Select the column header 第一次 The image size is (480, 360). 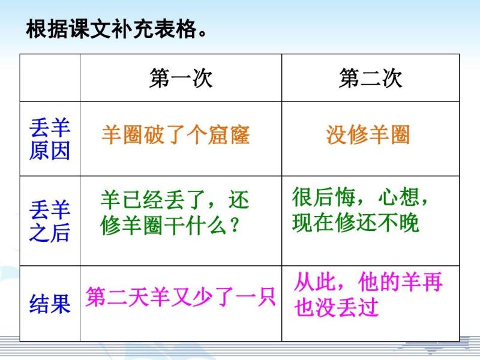[181, 78]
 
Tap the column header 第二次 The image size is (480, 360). [370, 78]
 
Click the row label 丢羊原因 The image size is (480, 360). [50, 139]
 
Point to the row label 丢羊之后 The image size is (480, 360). [50, 221]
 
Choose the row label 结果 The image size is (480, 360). [50, 304]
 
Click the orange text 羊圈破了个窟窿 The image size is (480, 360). [176, 134]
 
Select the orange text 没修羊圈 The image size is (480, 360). [368, 134]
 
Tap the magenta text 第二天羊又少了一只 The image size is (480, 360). [181, 296]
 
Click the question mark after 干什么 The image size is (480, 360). [234, 225]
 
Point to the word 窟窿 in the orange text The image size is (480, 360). [229, 134]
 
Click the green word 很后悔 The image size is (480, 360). [323, 197]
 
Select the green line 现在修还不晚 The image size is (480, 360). [355, 223]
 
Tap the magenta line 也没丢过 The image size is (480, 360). [336, 307]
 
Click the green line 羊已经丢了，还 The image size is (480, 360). [175, 200]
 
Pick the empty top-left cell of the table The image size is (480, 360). [50, 78]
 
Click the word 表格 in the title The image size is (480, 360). [175, 29]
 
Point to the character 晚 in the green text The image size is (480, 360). [409, 223]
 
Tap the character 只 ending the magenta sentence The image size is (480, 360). [265, 296]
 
